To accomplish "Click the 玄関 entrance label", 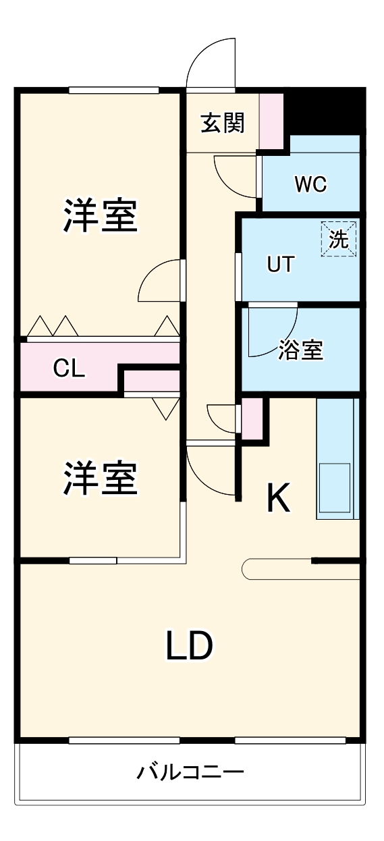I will tap(222, 124).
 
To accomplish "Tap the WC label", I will tap(310, 184).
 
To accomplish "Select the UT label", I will tap(281, 265).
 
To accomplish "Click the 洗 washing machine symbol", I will tap(339, 239).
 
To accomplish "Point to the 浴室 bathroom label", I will tap(301, 350).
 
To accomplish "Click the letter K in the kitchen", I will tap(278, 499).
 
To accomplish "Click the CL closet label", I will tap(69, 369).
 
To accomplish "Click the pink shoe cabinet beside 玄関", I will tap(271, 120).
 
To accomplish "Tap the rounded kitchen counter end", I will tap(250, 569).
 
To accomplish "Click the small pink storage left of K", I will tap(252, 418).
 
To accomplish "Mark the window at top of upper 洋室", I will tap(113, 90).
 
